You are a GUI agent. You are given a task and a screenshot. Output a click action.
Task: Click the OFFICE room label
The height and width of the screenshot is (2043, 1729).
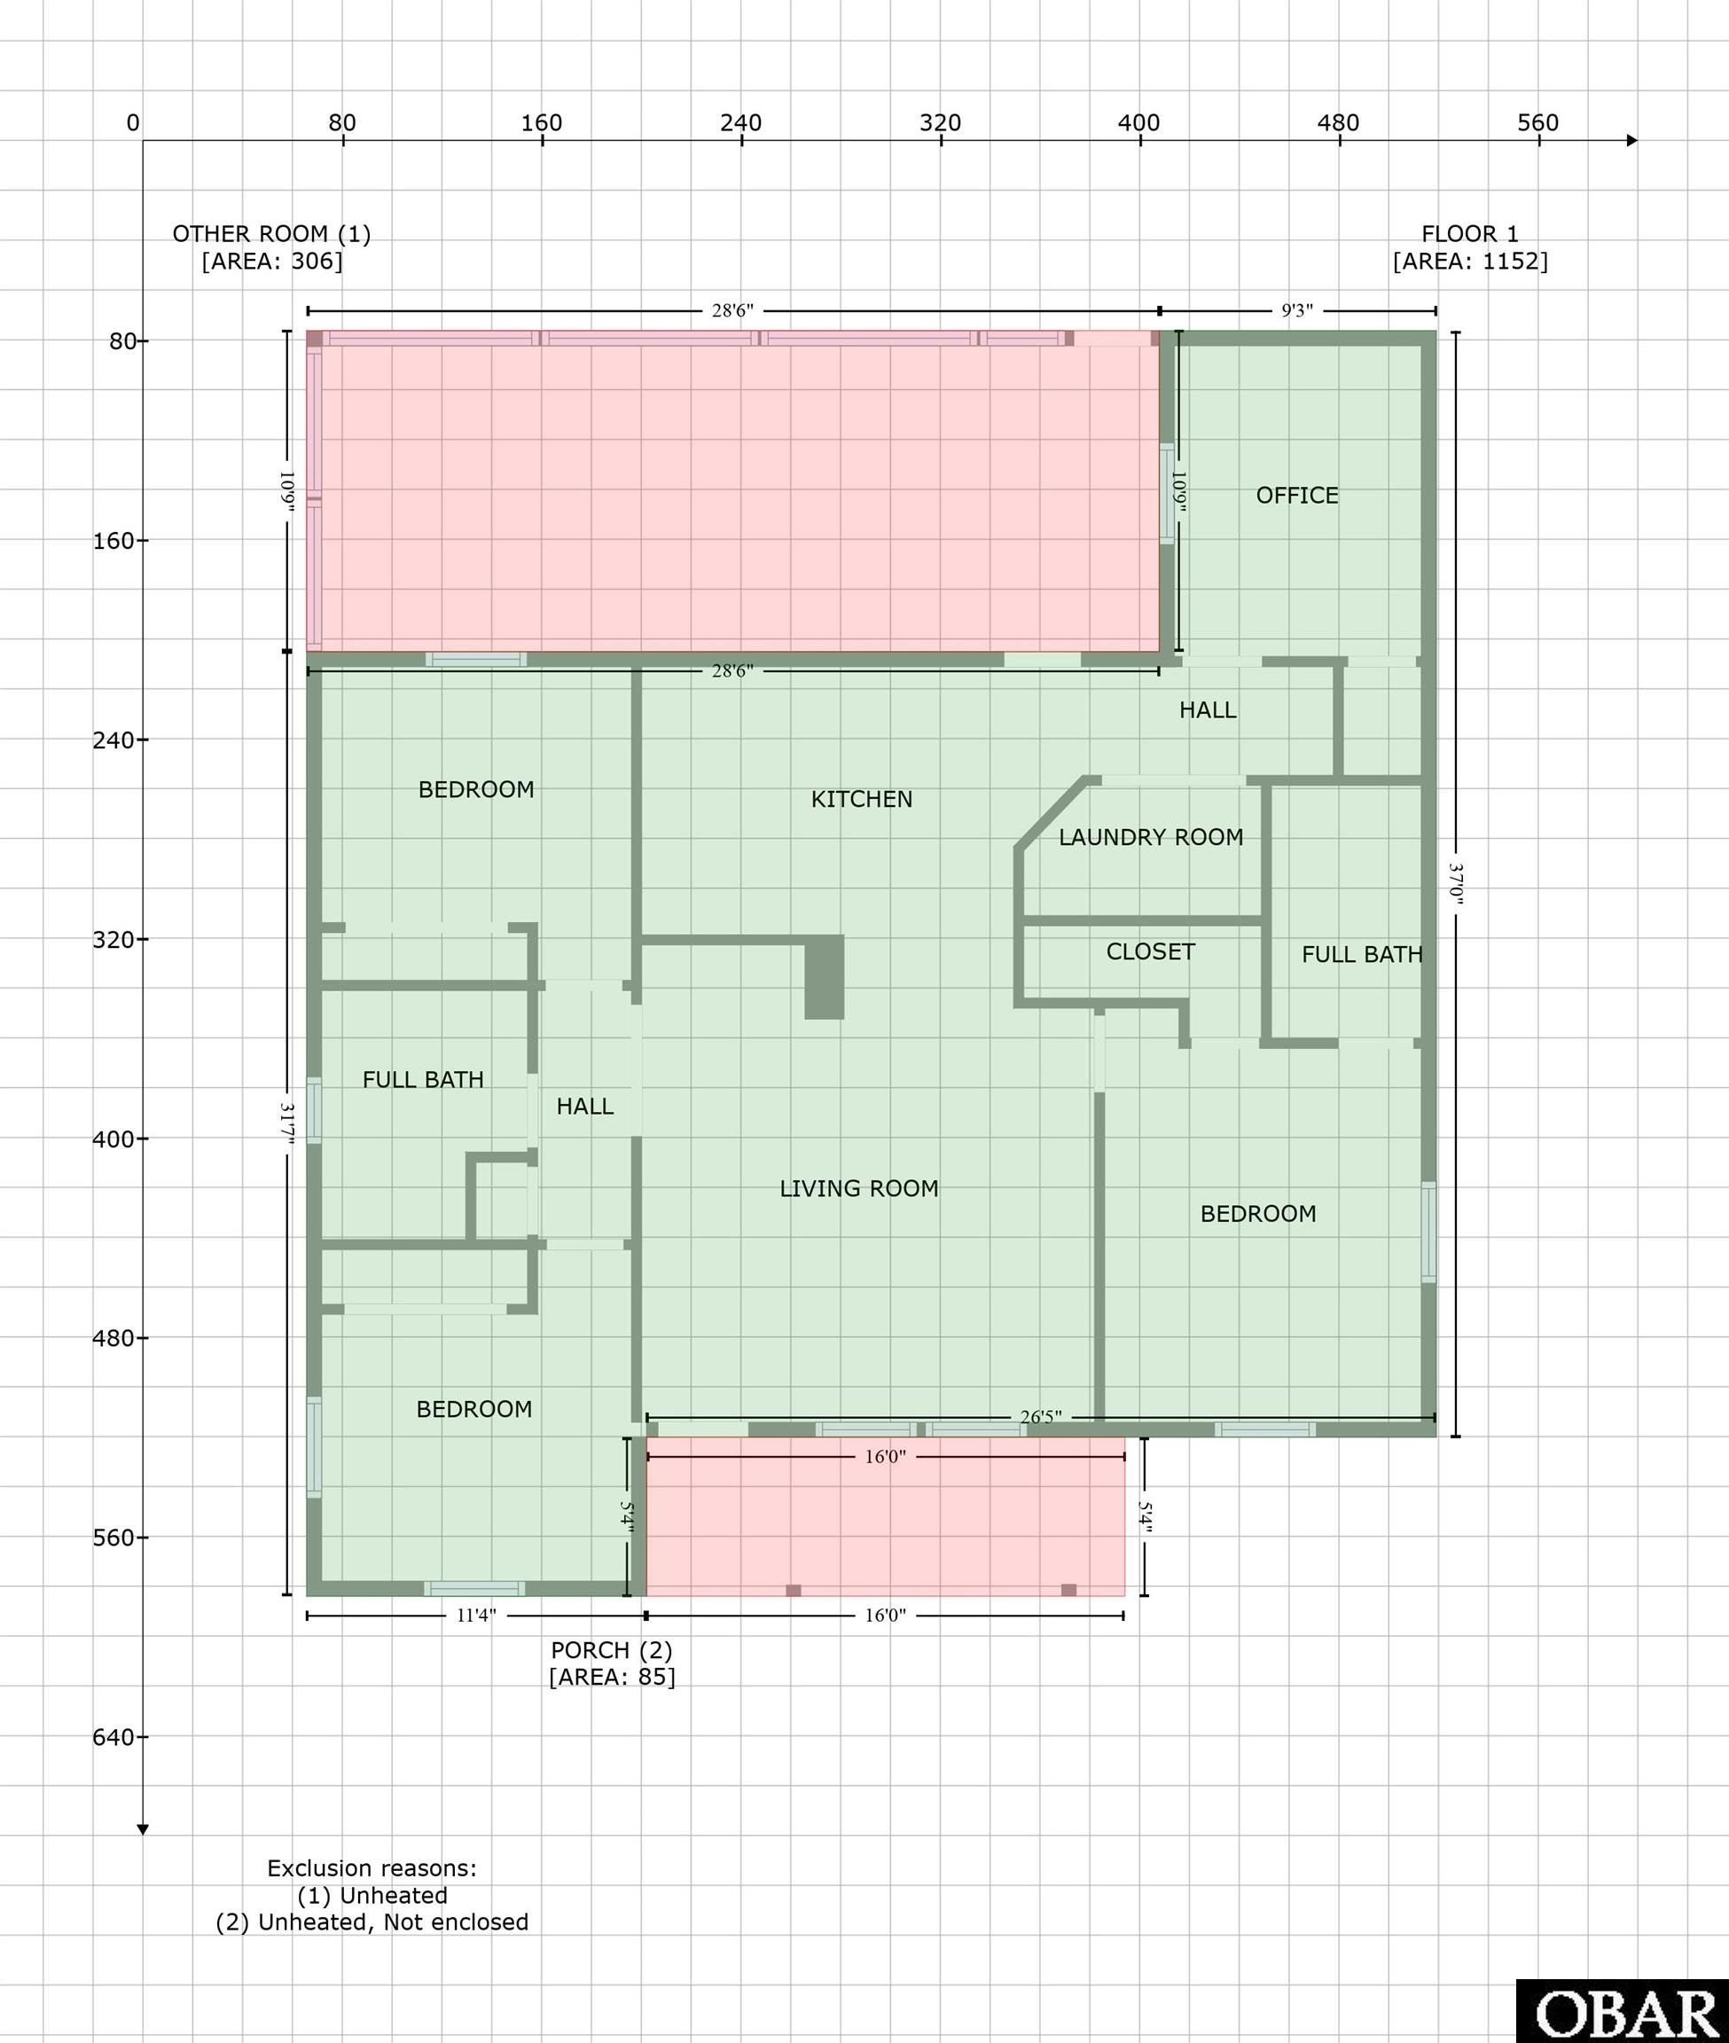pos(1296,495)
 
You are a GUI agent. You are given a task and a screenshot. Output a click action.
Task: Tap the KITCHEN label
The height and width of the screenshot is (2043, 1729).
pos(862,799)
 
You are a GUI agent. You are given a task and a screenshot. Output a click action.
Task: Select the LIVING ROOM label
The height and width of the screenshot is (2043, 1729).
pos(858,1188)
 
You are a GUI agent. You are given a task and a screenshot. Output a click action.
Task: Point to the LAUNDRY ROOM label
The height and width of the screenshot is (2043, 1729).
pos(1151,837)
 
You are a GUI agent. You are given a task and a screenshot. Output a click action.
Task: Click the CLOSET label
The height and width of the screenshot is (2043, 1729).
pos(1150,952)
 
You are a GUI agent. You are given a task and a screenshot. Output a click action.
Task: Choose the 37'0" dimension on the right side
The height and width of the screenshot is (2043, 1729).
pos(1456,884)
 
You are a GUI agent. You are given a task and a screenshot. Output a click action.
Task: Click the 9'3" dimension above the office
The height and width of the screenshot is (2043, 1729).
pos(1296,310)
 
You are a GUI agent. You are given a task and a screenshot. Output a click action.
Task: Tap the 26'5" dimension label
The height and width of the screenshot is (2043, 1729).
pos(1040,1418)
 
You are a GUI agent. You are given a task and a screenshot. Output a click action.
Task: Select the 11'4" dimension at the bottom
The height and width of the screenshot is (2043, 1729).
pos(476,1615)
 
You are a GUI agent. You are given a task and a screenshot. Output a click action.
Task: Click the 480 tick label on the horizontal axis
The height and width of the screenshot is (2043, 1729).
pos(1338,123)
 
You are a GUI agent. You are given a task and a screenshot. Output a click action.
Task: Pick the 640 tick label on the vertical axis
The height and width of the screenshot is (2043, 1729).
pos(113,1737)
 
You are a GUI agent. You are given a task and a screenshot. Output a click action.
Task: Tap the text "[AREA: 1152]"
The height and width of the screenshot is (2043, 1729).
pos(1470,262)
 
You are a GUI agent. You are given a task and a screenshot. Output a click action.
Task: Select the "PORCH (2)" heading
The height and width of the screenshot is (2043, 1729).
pos(612,1650)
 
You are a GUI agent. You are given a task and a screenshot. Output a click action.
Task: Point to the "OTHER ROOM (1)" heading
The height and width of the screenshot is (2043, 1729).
pos(271,234)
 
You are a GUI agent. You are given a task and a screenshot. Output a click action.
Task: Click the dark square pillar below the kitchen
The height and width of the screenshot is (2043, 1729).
pos(825,977)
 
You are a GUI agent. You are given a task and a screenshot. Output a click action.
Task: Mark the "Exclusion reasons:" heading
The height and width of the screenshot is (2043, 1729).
pos(372,1868)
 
